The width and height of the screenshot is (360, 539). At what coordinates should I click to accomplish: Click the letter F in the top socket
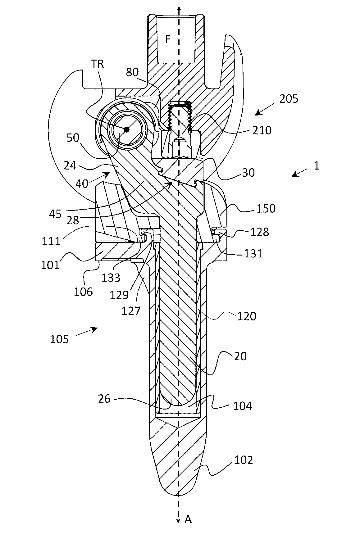click(168, 39)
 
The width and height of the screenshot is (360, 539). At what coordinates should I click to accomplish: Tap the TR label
click(98, 64)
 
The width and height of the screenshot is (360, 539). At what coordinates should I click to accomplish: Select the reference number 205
click(289, 99)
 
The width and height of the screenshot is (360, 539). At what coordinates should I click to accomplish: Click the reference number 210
click(262, 130)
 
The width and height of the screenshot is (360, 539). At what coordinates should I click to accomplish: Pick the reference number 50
click(73, 138)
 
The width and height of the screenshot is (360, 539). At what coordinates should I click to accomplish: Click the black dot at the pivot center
click(126, 129)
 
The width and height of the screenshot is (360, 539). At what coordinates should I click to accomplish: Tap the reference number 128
click(260, 232)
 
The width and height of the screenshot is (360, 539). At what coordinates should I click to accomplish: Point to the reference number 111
click(51, 241)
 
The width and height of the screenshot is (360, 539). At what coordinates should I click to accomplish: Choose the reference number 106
click(83, 292)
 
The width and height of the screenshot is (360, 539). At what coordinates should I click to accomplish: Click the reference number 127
click(131, 310)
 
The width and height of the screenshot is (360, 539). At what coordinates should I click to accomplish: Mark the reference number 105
click(59, 339)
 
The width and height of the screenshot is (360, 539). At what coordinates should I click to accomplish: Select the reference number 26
click(104, 398)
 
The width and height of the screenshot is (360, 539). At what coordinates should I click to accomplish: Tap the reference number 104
click(243, 405)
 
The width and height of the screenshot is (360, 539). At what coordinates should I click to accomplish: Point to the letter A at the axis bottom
click(188, 519)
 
